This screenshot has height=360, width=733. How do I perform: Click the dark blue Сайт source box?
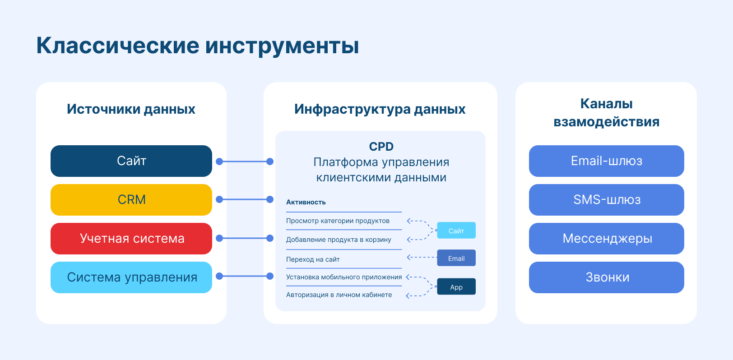click(131, 161)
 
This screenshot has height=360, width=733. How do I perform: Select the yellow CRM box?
click(131, 200)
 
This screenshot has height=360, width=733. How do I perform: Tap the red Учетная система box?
click(131, 239)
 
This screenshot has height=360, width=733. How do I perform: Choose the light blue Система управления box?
click(131, 277)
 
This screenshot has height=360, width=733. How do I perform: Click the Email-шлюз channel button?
click(606, 161)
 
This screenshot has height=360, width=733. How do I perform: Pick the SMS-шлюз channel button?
click(606, 200)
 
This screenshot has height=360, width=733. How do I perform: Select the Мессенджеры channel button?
click(606, 239)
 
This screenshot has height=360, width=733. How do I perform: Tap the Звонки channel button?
click(606, 277)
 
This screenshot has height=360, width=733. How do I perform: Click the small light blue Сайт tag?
click(456, 231)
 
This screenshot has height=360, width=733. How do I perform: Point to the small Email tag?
click(456, 258)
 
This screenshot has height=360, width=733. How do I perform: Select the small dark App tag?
click(456, 287)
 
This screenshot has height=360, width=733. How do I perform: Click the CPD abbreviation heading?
click(381, 147)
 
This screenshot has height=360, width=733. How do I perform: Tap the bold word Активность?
click(306, 202)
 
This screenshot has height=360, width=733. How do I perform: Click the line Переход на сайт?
click(313, 259)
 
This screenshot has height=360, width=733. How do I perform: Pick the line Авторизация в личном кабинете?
click(339, 295)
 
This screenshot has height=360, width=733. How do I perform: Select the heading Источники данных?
click(131, 109)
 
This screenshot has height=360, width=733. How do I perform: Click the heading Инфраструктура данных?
click(380, 109)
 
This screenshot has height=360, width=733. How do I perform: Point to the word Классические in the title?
click(117, 45)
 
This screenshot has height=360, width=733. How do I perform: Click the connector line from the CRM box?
click(245, 199)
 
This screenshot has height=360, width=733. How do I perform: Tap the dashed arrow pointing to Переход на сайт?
click(422, 257)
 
